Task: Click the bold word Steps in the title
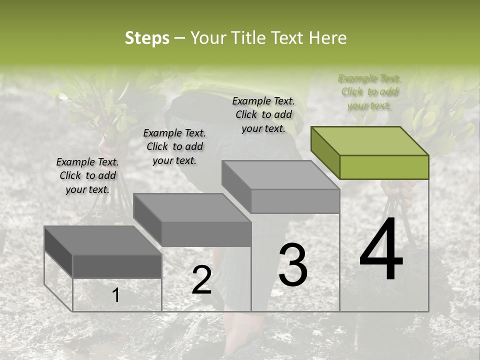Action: coord(147,38)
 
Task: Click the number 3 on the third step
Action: coord(293,265)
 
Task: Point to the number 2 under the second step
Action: coord(201,279)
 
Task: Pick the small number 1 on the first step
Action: coord(115,295)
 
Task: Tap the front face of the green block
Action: coord(384,167)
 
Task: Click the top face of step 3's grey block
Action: coord(280,174)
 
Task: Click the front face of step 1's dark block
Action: coord(117,266)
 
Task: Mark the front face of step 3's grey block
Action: coord(295,201)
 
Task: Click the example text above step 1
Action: coord(87,175)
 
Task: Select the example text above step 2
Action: coord(174,146)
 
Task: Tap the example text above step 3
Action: coord(263,114)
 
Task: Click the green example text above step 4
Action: coord(369,91)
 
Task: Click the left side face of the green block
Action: coord(325,152)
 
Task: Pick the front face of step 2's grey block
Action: coord(206,234)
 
